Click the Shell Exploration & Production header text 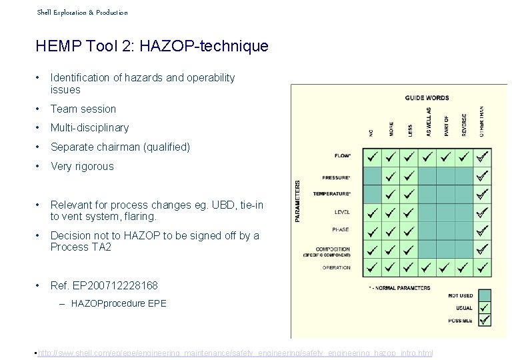[x=82, y=12]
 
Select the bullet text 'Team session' [x=83, y=109]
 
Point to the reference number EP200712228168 [x=115, y=285]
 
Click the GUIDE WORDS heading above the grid [x=427, y=98]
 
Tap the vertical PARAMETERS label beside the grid [x=297, y=199]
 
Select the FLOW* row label [x=343, y=157]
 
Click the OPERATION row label [x=336, y=267]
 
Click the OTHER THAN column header [x=482, y=121]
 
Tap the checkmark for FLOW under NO [x=372, y=157]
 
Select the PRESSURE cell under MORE [x=391, y=176]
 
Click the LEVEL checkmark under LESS [x=409, y=213]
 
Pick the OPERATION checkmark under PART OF [x=445, y=268]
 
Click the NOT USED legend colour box [x=485, y=295]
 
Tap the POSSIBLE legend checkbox [x=485, y=320]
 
